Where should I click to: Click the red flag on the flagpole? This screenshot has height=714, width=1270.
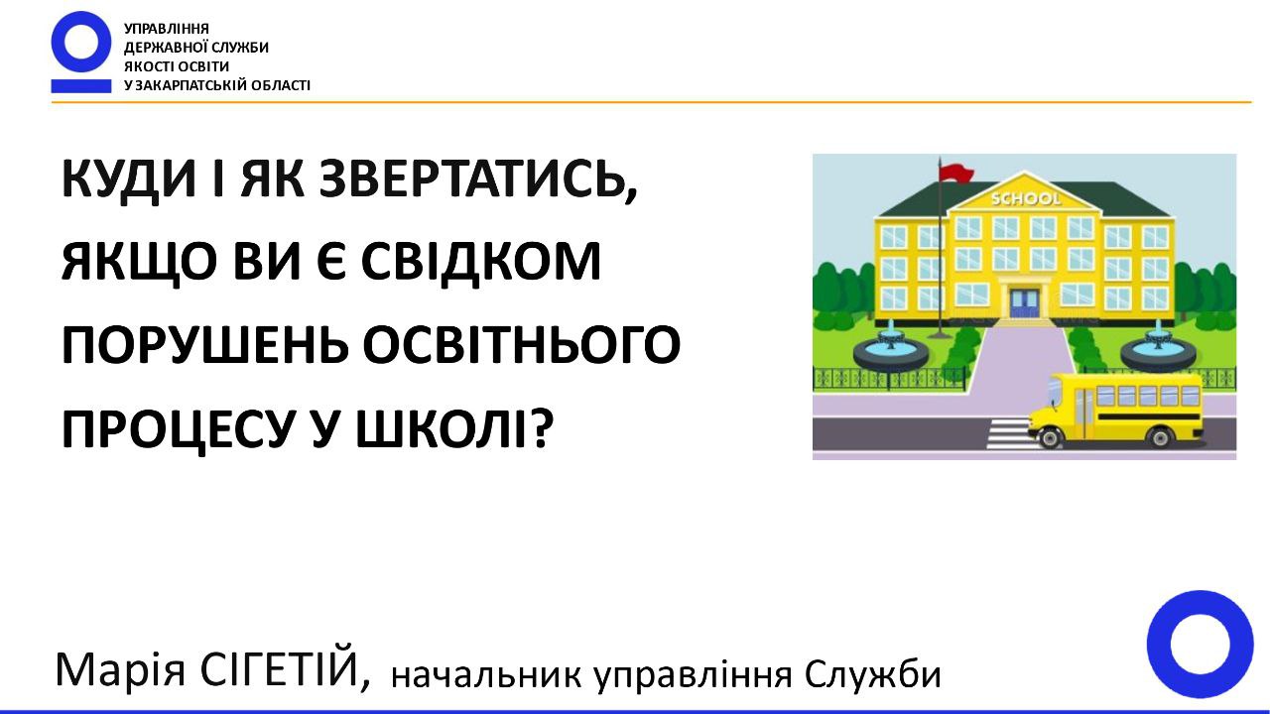point(955,173)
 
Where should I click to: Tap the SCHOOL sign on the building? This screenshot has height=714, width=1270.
point(1026,198)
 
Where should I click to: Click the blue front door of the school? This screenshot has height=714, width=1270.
point(1025,303)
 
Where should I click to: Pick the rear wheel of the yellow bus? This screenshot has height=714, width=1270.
point(1160,437)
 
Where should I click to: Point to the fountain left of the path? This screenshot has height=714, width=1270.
point(891,347)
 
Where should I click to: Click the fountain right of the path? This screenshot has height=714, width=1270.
point(1158,347)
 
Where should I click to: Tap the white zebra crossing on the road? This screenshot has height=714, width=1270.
point(1009,433)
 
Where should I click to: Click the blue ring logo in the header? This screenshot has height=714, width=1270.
point(81,42)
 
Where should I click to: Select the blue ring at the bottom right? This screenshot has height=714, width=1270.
point(1200,644)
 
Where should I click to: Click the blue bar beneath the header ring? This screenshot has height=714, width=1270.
point(81,85)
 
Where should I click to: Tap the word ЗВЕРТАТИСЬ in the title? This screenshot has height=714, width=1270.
point(477,180)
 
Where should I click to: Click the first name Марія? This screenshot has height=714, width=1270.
point(120,669)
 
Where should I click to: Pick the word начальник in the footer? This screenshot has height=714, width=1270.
point(486,674)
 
